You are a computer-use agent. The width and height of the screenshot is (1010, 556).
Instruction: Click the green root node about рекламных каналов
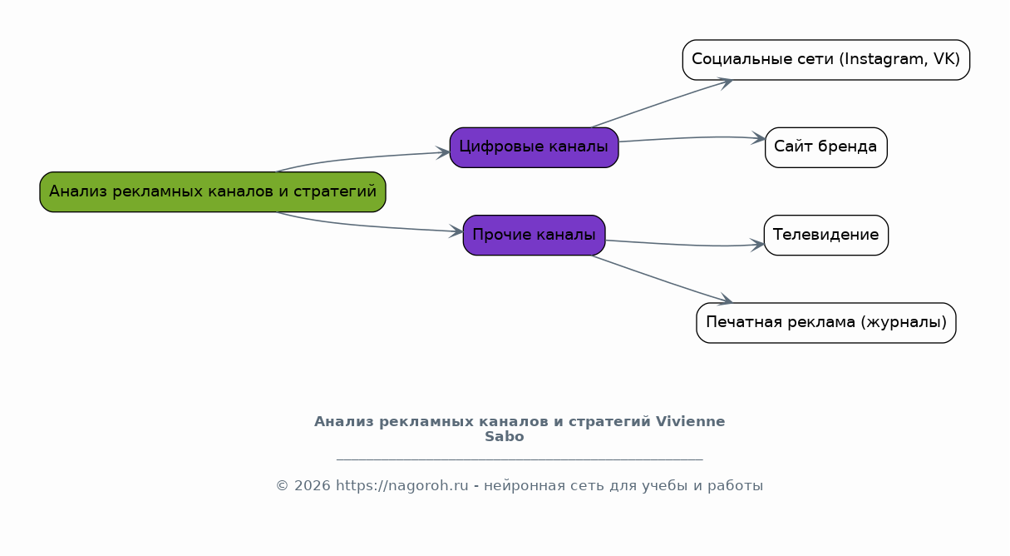[213, 191]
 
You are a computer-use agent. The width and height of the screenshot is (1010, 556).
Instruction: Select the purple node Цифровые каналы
[534, 147]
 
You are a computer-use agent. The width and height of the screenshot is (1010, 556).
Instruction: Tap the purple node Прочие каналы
[534, 235]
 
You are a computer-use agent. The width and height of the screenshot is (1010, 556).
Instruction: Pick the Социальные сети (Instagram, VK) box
[826, 60]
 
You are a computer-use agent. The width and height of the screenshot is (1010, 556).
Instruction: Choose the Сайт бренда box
[826, 147]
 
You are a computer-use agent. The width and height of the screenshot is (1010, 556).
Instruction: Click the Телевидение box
[826, 235]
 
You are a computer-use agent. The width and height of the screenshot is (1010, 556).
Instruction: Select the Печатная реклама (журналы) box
[826, 323]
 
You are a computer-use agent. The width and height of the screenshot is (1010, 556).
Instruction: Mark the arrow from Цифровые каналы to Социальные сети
[662, 103]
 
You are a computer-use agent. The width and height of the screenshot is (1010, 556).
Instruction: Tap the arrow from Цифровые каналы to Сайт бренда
[692, 137]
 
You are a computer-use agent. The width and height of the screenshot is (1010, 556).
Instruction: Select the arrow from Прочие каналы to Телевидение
[685, 245]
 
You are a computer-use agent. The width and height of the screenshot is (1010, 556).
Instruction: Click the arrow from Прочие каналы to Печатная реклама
[662, 280]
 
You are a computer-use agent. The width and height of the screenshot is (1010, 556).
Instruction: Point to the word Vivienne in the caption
[690, 421]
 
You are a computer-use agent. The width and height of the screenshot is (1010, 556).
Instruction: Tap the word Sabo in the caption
[504, 436]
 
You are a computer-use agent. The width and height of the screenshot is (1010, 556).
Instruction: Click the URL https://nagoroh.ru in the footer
[402, 485]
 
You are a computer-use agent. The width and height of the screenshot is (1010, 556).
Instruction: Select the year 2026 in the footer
[313, 485]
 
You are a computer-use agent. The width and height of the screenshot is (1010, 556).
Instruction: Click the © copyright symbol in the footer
[283, 486]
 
